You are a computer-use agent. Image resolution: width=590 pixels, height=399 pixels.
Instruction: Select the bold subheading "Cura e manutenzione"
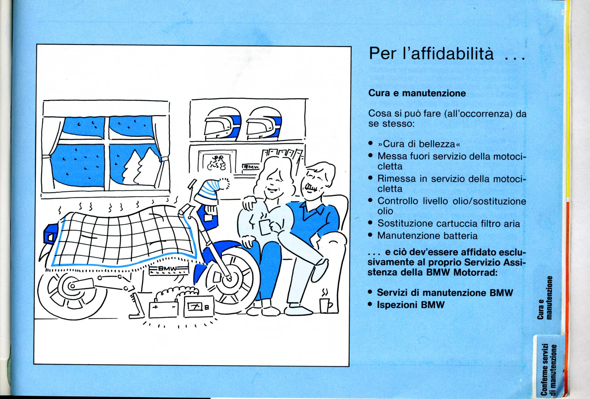(417, 93)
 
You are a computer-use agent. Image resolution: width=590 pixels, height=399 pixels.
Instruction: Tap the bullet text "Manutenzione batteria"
(428, 236)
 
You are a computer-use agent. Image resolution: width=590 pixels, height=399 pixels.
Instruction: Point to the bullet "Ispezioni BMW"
(411, 305)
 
